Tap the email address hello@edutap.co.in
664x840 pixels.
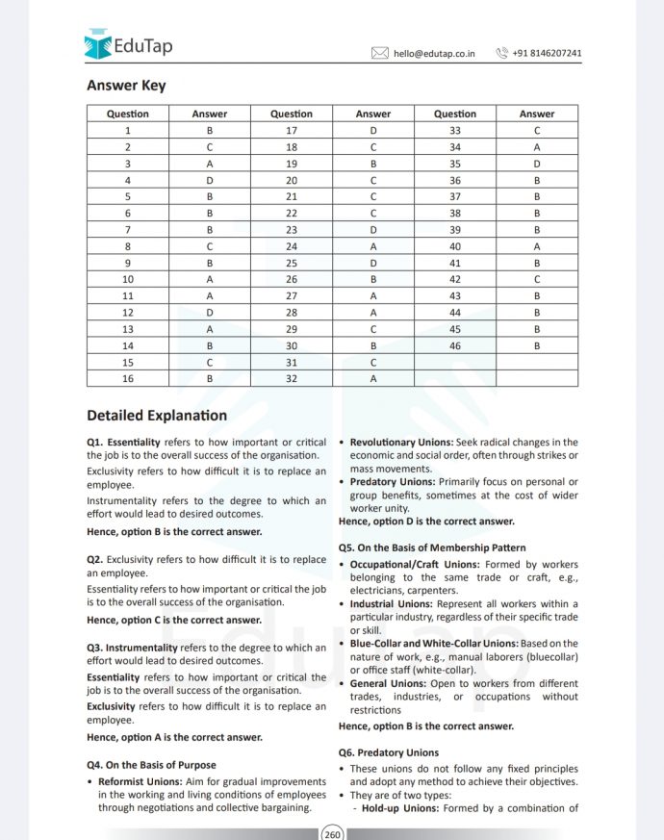click(x=434, y=54)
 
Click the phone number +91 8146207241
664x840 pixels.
click(x=547, y=54)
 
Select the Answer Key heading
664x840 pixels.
click(x=126, y=86)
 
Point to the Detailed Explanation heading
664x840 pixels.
click(x=157, y=416)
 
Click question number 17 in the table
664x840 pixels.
click(x=292, y=130)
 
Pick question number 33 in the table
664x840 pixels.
click(x=455, y=130)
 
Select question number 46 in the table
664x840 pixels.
click(x=455, y=344)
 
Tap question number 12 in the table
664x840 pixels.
click(x=128, y=312)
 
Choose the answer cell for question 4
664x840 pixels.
click(x=210, y=180)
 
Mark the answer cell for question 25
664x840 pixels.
click(x=373, y=262)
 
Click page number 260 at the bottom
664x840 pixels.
click(x=332, y=833)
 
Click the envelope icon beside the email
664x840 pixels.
click(x=380, y=54)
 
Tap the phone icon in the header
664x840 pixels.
click(x=501, y=54)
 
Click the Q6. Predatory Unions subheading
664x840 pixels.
click(x=389, y=752)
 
